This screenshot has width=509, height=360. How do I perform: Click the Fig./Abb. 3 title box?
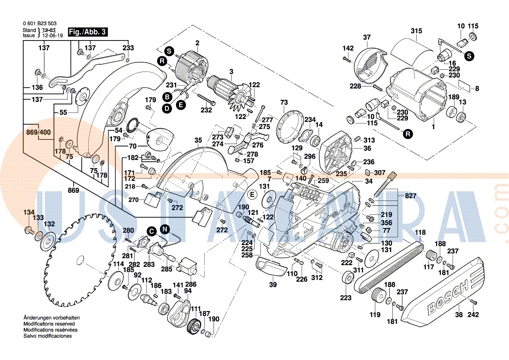coord(88,32)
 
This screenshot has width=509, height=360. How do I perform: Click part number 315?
coord(416,31)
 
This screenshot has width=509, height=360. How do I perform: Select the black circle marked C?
coord(151,231)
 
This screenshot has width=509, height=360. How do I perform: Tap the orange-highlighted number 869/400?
coord(39,132)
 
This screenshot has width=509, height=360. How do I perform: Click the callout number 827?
coord(411,196)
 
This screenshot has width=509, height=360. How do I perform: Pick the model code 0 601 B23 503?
coord(40,24)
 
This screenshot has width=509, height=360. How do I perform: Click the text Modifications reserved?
coord(49,324)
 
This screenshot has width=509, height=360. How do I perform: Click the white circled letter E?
coord(252,194)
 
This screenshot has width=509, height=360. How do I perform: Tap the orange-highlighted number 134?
coord(29,212)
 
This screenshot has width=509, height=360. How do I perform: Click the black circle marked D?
coord(167,109)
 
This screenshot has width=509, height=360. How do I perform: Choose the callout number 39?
coord(273,285)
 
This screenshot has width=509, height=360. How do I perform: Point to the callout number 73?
coord(284,102)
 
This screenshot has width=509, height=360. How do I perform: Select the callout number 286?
coord(191,284)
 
